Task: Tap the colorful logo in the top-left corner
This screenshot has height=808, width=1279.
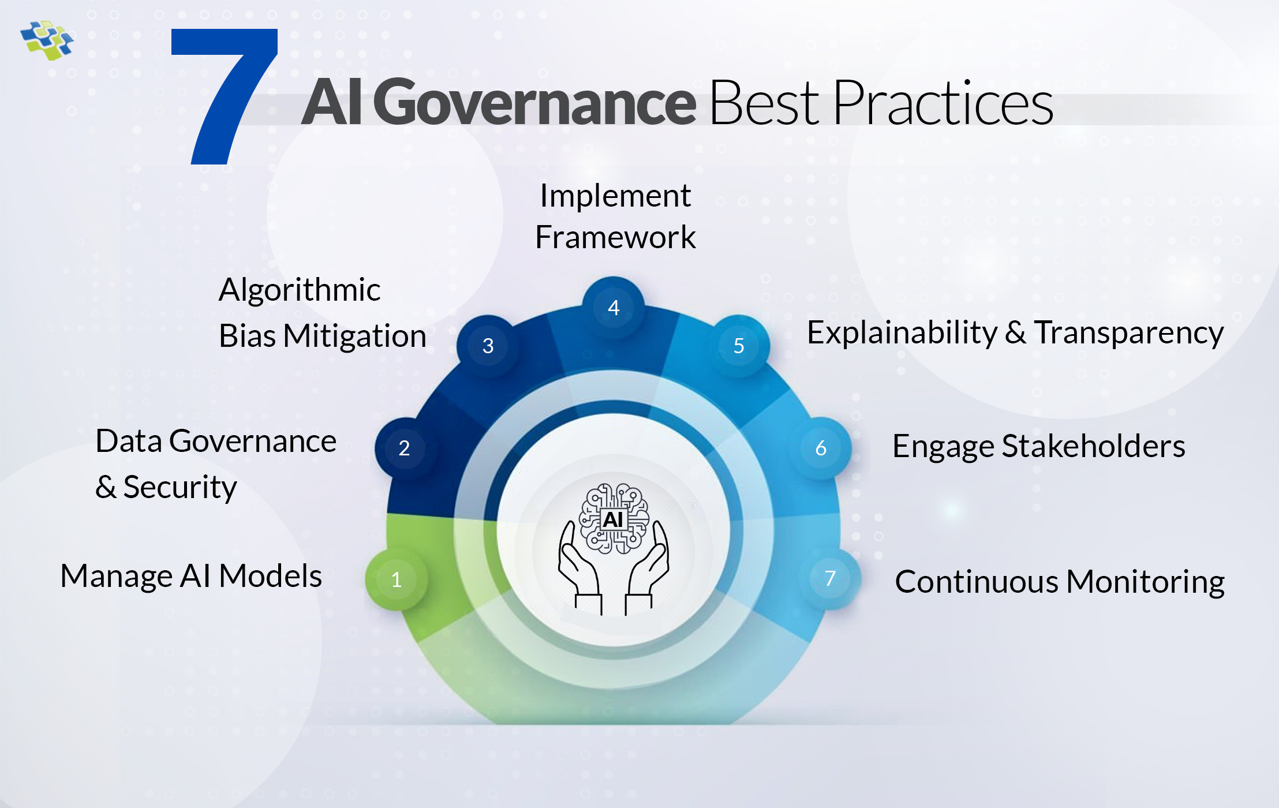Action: coord(47,40)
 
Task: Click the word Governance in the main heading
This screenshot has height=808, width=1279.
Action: coord(535,103)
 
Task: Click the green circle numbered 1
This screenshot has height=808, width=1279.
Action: coord(397,579)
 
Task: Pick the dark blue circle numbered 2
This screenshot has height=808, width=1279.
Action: coord(404,448)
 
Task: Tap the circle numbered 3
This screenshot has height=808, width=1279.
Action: coord(488,345)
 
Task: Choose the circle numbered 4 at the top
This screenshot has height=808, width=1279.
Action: coord(614,307)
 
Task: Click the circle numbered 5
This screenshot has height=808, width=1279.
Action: coord(739,345)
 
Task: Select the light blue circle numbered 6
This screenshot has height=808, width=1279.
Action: coord(821,448)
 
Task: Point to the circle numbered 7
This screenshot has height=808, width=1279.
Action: coord(830,578)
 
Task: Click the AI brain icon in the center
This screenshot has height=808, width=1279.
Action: coord(614,518)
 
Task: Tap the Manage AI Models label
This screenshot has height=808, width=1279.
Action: coord(191,576)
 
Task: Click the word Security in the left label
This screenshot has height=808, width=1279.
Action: coord(179,488)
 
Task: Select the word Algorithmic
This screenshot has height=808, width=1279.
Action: coord(300,290)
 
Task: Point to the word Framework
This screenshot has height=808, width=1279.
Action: coord(615,237)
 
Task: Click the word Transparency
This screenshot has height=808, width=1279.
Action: coord(1128,333)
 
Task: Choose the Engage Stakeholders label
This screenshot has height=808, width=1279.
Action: coord(1038,446)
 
